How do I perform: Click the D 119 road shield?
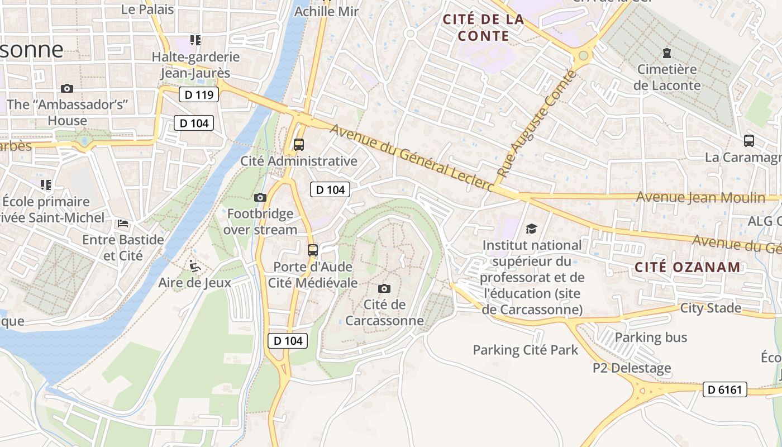199,94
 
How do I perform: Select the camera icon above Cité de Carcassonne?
384,288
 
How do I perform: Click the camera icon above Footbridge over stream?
260,197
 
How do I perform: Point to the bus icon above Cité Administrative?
299,145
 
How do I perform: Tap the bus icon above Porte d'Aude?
313,250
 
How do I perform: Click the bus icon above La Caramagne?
749,141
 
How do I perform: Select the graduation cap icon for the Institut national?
531,229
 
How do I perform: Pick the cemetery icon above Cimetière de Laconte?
666,53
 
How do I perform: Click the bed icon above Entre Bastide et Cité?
123,223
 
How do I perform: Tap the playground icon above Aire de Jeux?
195,265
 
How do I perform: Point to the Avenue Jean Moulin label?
700,197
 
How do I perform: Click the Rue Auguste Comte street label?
536,123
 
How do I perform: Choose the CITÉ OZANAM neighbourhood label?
688,267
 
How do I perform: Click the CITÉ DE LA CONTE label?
483,28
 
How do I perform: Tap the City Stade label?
711,308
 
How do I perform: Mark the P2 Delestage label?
632,368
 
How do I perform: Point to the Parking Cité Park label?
525,350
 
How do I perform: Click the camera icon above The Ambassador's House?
67,88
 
